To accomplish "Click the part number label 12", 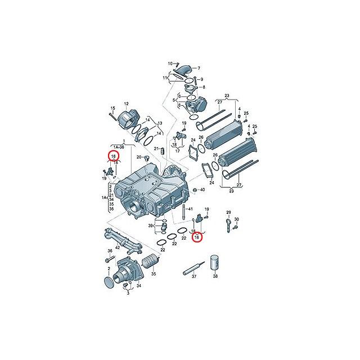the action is click(126, 104).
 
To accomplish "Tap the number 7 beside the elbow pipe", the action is click(199, 68).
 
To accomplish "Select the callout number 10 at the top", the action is click(170, 64).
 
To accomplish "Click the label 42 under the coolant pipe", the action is click(118, 247).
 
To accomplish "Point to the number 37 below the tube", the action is click(194, 276).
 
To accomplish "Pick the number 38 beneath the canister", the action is click(215, 276).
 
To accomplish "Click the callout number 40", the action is click(202, 190).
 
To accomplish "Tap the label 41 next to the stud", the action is click(190, 209).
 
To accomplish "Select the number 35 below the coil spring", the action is click(154, 274).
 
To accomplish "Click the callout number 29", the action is click(228, 213).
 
